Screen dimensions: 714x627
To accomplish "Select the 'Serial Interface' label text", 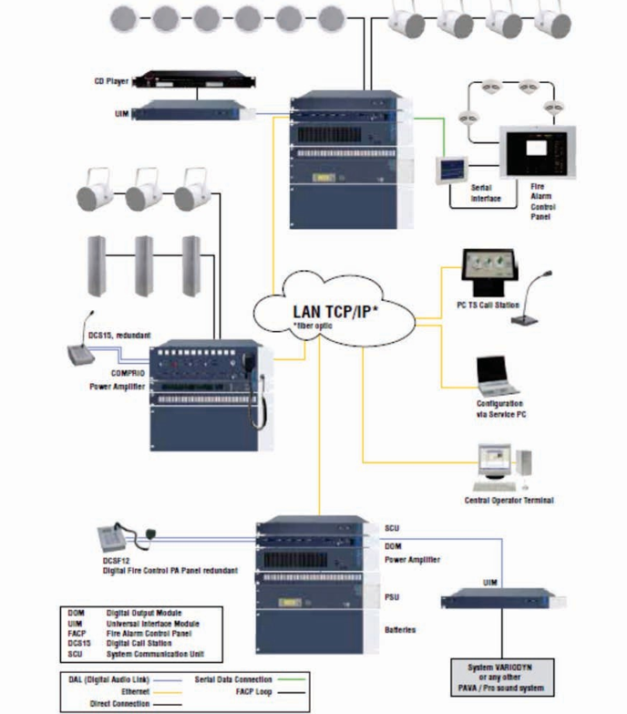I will click(486, 193).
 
